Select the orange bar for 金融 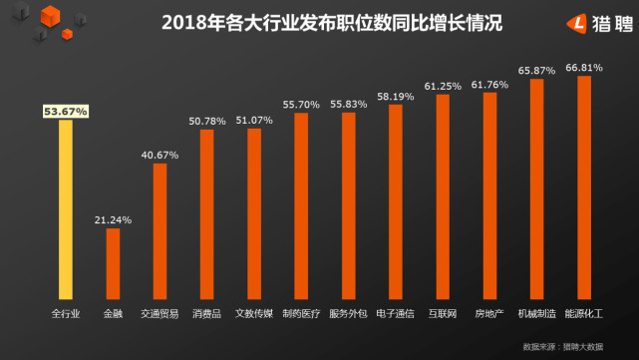(x=113, y=264)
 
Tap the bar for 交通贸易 (x=160, y=231)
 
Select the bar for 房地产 (x=489, y=196)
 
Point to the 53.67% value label (x=65, y=112)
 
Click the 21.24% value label (x=113, y=219)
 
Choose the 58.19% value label (x=396, y=96)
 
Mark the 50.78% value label (x=207, y=121)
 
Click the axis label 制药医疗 (x=301, y=313)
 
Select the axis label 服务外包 (x=348, y=313)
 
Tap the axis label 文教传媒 (x=254, y=313)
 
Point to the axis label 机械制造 (x=536, y=313)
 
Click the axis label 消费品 (x=207, y=313)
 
